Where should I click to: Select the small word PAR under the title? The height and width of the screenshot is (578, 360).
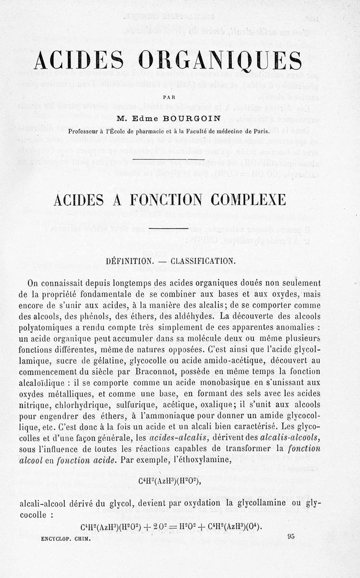point(169,96)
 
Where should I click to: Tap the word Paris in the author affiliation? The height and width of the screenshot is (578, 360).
point(260,131)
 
